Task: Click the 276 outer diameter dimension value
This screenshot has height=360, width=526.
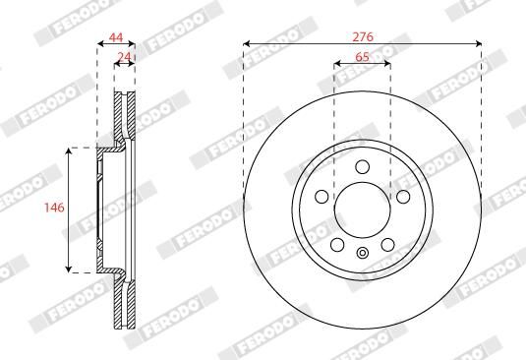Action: (362, 35)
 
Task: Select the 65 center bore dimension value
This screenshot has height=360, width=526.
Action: (362, 58)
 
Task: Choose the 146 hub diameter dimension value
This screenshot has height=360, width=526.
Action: (56, 209)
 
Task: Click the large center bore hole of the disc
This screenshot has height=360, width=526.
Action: (362, 210)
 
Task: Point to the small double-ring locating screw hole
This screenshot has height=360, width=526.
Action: (362, 256)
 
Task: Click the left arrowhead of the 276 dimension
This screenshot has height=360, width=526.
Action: (246, 44)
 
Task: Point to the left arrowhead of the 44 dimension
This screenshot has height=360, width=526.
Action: (100, 44)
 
